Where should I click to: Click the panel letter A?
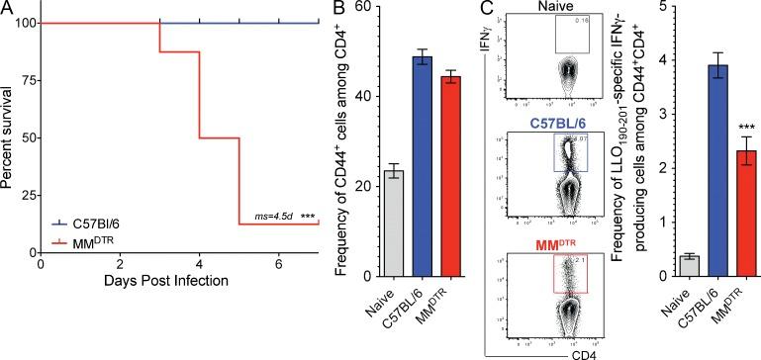[x=8, y=10]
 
